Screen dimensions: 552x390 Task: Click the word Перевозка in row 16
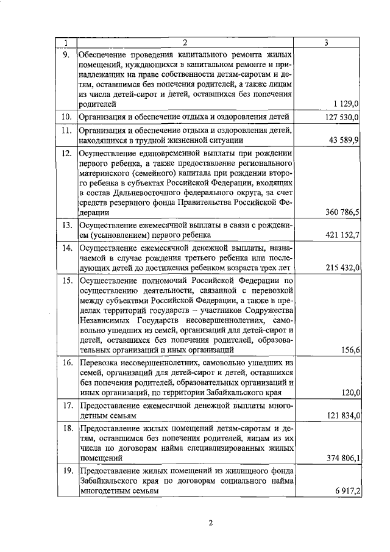[x=101, y=362]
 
